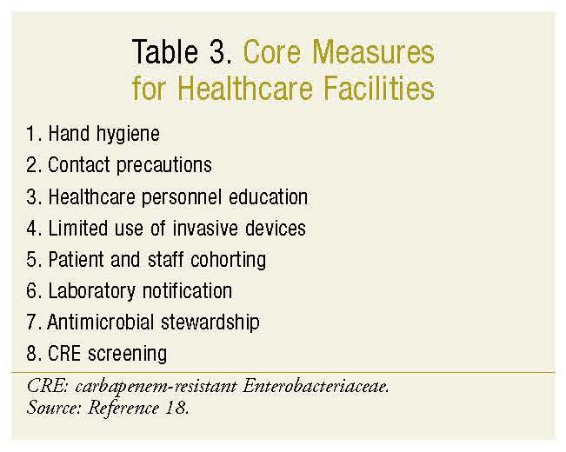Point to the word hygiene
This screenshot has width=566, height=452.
coord(128,135)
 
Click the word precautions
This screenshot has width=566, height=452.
coord(164,166)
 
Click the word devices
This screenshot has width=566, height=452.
coord(276,228)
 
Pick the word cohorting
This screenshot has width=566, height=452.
coord(228,260)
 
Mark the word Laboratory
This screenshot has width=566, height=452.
coord(91,291)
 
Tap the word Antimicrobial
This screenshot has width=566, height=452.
coord(100,322)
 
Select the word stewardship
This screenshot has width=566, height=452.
coord(210,322)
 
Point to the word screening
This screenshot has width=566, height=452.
coord(128,354)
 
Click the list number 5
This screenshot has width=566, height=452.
coord(31,260)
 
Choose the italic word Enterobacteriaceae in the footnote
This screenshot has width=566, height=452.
coord(316,387)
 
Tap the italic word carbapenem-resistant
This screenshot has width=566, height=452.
coord(156,388)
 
